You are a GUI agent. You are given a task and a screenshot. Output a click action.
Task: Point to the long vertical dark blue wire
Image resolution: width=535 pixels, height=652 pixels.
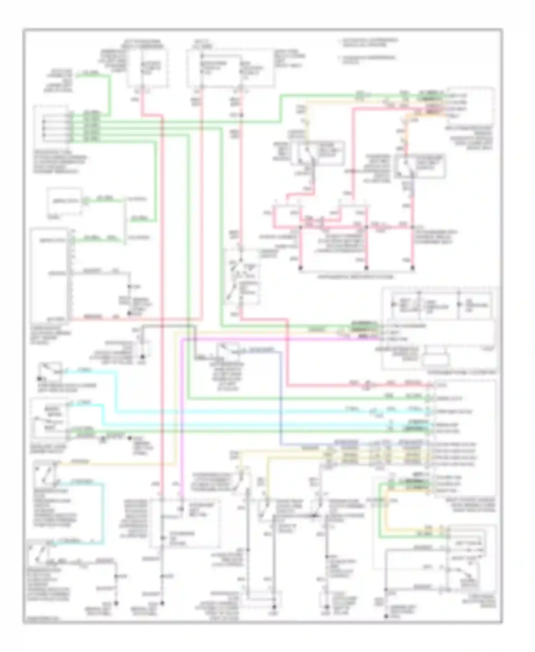click(x=281, y=399)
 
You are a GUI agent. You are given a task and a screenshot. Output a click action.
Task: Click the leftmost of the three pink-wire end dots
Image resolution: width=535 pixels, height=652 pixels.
click(x=300, y=268)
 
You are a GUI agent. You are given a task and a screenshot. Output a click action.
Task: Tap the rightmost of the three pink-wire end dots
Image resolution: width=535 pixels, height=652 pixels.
click(x=413, y=268)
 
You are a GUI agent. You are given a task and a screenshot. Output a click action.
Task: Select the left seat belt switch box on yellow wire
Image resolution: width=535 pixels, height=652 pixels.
click(x=317, y=153)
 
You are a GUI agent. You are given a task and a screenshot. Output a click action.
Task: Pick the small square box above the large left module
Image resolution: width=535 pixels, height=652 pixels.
click(x=64, y=202)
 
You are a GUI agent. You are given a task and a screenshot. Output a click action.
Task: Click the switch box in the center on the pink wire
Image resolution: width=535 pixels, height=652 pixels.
click(x=242, y=276)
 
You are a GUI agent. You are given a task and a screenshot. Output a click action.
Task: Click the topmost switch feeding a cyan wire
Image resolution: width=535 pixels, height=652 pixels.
click(x=50, y=371)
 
